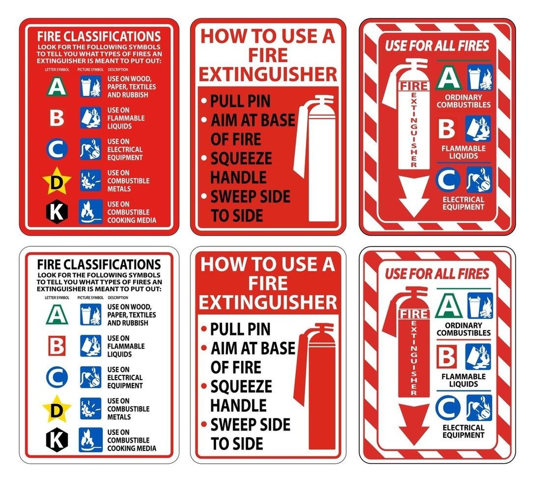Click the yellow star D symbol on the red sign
pos(57,182)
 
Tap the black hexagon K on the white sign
pos(57,440)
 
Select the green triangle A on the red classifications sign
pos(57,87)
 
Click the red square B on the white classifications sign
pos(57,346)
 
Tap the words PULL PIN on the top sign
pos(240,101)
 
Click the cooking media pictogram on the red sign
pos(90,212)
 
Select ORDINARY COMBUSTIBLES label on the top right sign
pos(463,101)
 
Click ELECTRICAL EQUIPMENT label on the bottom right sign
pos(463,432)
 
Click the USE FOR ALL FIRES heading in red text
pos(437,274)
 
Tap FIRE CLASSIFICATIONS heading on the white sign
pos(99,265)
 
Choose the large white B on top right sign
pos(447,129)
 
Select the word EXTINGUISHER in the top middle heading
pos(269,74)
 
